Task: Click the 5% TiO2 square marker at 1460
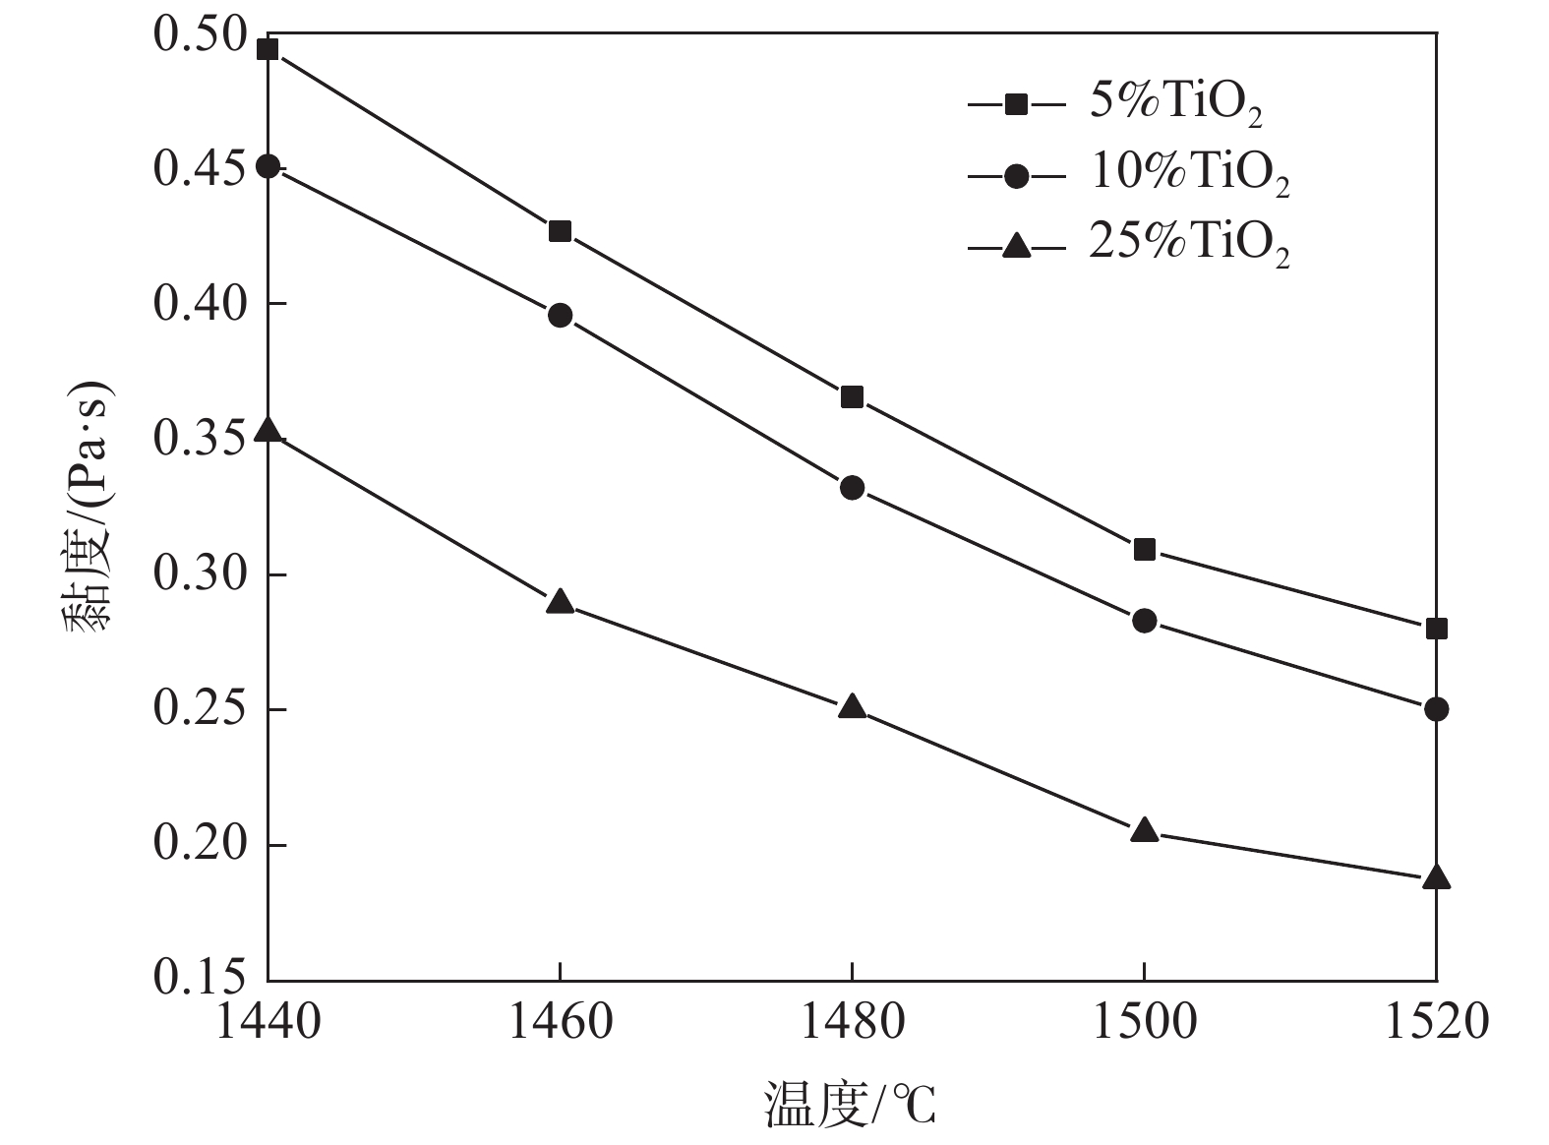[560, 231]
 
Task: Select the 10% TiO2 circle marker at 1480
[852, 487]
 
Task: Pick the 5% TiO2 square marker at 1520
[1436, 629]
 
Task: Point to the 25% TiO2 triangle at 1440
[268, 431]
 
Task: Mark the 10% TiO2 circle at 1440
[268, 166]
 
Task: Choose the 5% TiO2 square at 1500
[1144, 549]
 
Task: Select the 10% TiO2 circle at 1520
[1436, 708]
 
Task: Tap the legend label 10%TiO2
[1189, 174]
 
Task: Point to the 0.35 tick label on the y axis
[200, 439]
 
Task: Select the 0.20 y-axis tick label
[200, 845]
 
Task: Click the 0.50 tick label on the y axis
[200, 34]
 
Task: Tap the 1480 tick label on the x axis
[852, 1022]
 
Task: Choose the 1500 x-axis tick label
[1144, 1022]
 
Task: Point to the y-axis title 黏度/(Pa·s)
[90, 507]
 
